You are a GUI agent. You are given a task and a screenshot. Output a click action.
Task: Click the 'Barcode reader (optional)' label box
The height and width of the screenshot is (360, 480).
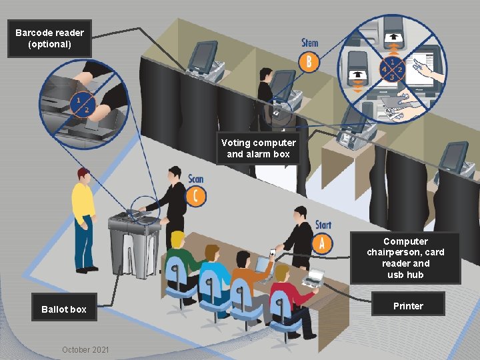(x=50, y=39)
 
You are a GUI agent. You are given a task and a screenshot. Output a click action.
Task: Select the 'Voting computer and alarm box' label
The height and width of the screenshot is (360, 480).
(x=259, y=149)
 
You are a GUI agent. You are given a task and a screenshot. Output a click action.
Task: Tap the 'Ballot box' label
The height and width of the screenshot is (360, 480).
(x=64, y=309)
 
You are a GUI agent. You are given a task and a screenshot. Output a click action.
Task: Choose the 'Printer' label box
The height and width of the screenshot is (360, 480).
(x=408, y=306)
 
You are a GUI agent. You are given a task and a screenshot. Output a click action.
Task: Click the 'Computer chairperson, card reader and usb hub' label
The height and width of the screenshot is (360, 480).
(x=405, y=258)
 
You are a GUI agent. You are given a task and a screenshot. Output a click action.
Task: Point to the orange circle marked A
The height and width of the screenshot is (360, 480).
(x=322, y=243)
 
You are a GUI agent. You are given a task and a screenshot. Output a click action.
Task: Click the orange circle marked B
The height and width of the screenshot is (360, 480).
(x=309, y=63)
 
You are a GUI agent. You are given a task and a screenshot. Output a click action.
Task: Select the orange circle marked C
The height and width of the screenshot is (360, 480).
(x=196, y=196)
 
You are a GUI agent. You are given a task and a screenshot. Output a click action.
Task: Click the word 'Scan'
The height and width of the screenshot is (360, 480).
(x=195, y=179)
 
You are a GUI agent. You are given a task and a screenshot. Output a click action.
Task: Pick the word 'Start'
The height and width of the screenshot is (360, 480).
(x=323, y=225)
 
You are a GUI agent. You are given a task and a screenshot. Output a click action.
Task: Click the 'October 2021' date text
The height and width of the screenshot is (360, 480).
(x=85, y=350)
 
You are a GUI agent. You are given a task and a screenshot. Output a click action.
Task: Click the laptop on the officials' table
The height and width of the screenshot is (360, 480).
(x=313, y=277)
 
